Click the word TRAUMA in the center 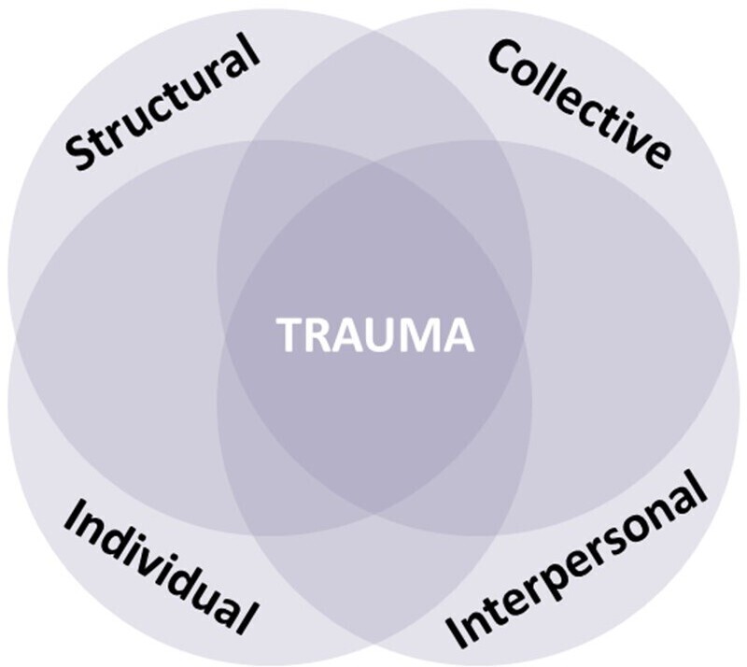pyautogui.click(x=375, y=335)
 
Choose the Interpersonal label pyautogui.click(x=575, y=560)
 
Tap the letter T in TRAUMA pyautogui.click(x=291, y=335)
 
